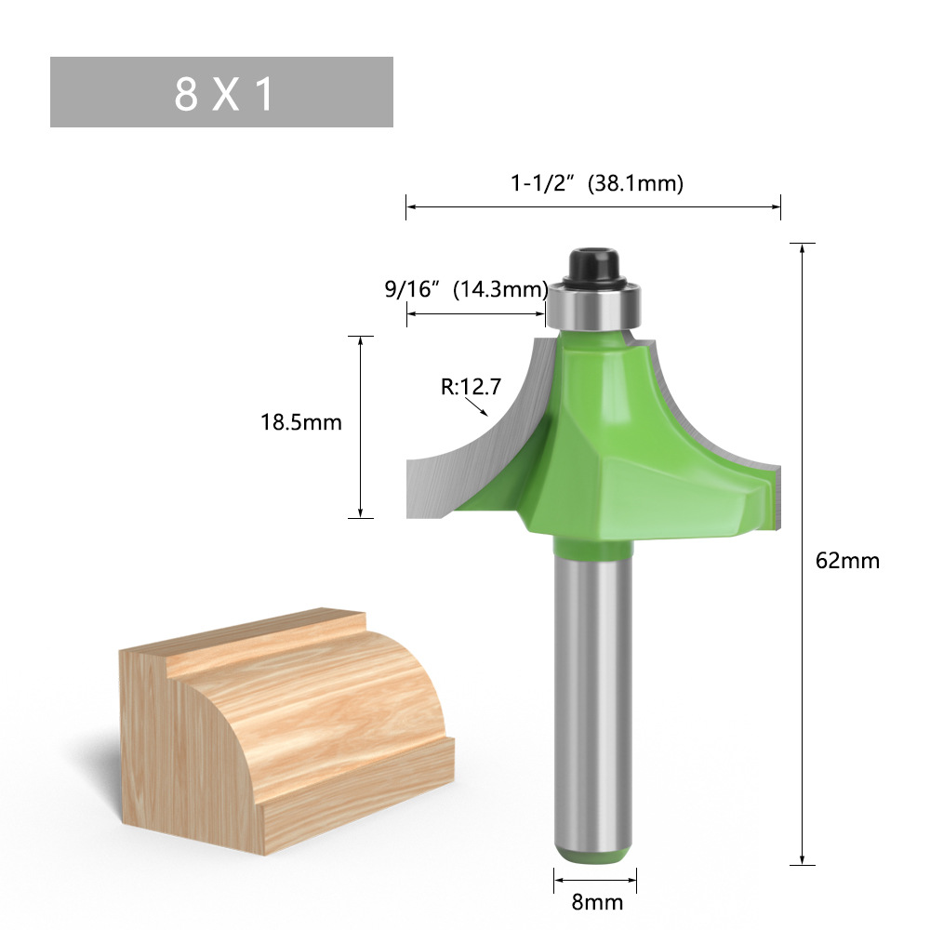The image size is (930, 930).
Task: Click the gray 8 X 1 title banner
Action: coord(221,92)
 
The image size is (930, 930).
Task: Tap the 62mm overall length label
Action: coord(846,561)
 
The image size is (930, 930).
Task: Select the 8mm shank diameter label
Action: coord(595,902)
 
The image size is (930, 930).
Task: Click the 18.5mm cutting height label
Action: coord(301,422)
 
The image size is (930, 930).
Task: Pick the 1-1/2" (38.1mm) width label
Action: coord(596,183)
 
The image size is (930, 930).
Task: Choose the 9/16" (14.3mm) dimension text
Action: coord(465,289)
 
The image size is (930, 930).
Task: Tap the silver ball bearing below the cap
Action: coord(594,305)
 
